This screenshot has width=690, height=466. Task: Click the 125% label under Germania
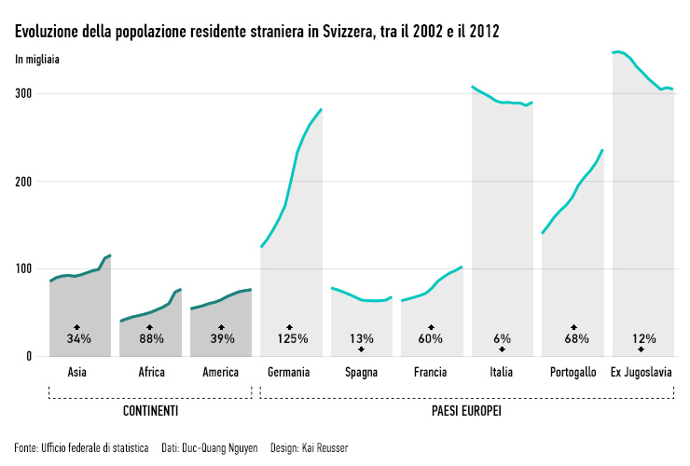pos(291,338)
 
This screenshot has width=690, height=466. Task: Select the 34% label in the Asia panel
pos(78,338)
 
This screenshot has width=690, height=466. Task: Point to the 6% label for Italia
pos(502,338)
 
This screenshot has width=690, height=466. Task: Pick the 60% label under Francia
pos(430,338)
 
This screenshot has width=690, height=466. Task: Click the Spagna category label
pos(361,373)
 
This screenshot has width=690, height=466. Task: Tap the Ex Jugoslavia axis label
pos(642,373)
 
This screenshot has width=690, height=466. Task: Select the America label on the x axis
pos(220,373)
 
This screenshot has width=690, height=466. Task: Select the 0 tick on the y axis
pos(30,356)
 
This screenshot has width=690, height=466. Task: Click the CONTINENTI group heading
pos(150,411)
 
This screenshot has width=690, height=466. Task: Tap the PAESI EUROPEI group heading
pos(467,411)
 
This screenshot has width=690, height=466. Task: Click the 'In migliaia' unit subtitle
pos(37,60)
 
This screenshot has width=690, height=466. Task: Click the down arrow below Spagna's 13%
pos(361,349)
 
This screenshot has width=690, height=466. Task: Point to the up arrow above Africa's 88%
pos(149,327)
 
